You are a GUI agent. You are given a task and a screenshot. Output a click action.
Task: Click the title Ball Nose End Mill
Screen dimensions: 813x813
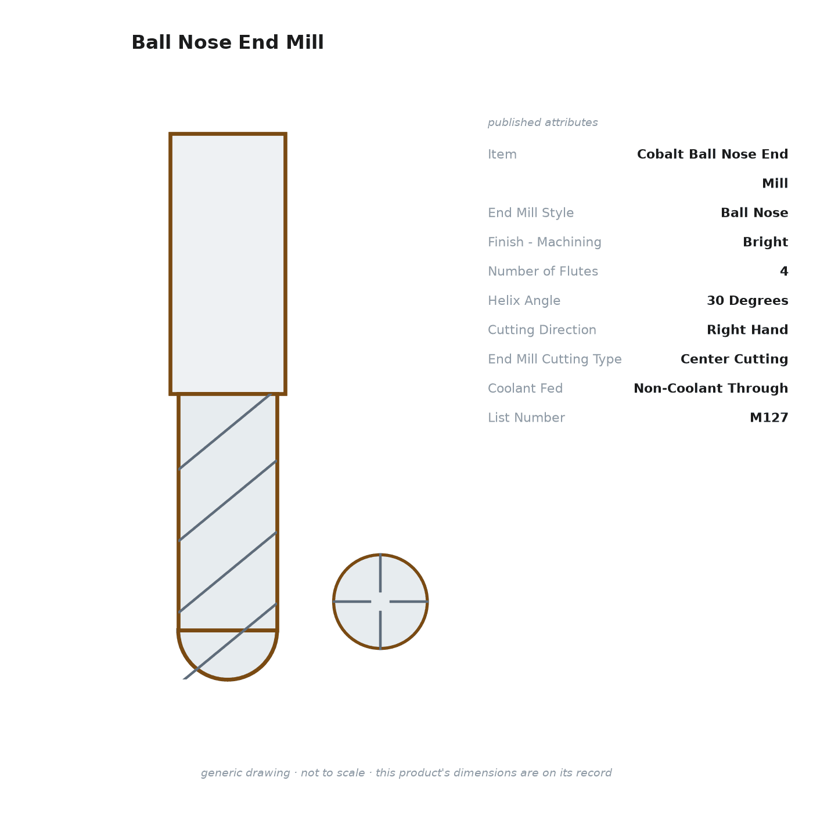pos(228,42)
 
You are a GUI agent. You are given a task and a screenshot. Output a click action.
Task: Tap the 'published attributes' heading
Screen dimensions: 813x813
pos(542,123)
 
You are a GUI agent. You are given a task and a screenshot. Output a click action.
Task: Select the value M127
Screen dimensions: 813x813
pos(769,418)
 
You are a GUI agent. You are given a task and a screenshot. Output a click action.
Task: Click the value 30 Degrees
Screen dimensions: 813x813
pos(747,301)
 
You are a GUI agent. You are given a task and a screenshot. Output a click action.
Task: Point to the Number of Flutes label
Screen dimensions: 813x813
pos(542,271)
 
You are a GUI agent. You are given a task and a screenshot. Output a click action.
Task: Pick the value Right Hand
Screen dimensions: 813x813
pos(747,330)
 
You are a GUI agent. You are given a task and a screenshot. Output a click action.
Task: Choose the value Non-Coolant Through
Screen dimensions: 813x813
pos(710,388)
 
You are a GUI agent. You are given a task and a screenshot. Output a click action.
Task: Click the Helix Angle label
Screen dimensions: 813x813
pos(524,301)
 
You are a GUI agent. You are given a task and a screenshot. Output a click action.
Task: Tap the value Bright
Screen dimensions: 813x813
pos(765,242)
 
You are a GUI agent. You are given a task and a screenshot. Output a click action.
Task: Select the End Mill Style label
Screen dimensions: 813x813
pos(531,213)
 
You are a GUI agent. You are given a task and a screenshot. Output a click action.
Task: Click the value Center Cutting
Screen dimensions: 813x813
pos(734,359)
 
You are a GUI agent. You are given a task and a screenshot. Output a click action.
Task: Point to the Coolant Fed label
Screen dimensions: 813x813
pos(526,388)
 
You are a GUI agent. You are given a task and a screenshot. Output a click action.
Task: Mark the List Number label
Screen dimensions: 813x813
pos(526,418)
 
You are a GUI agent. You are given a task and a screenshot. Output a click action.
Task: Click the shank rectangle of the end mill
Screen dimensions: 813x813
pos(228,264)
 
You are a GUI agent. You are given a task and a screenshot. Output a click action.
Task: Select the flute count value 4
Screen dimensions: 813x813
pos(784,271)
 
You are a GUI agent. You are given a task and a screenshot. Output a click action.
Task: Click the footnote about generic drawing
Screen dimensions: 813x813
pos(406,772)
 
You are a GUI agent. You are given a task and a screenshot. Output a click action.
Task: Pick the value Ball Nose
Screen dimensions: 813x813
pos(754,213)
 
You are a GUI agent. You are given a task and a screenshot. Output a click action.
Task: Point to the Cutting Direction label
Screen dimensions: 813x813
pos(542,330)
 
